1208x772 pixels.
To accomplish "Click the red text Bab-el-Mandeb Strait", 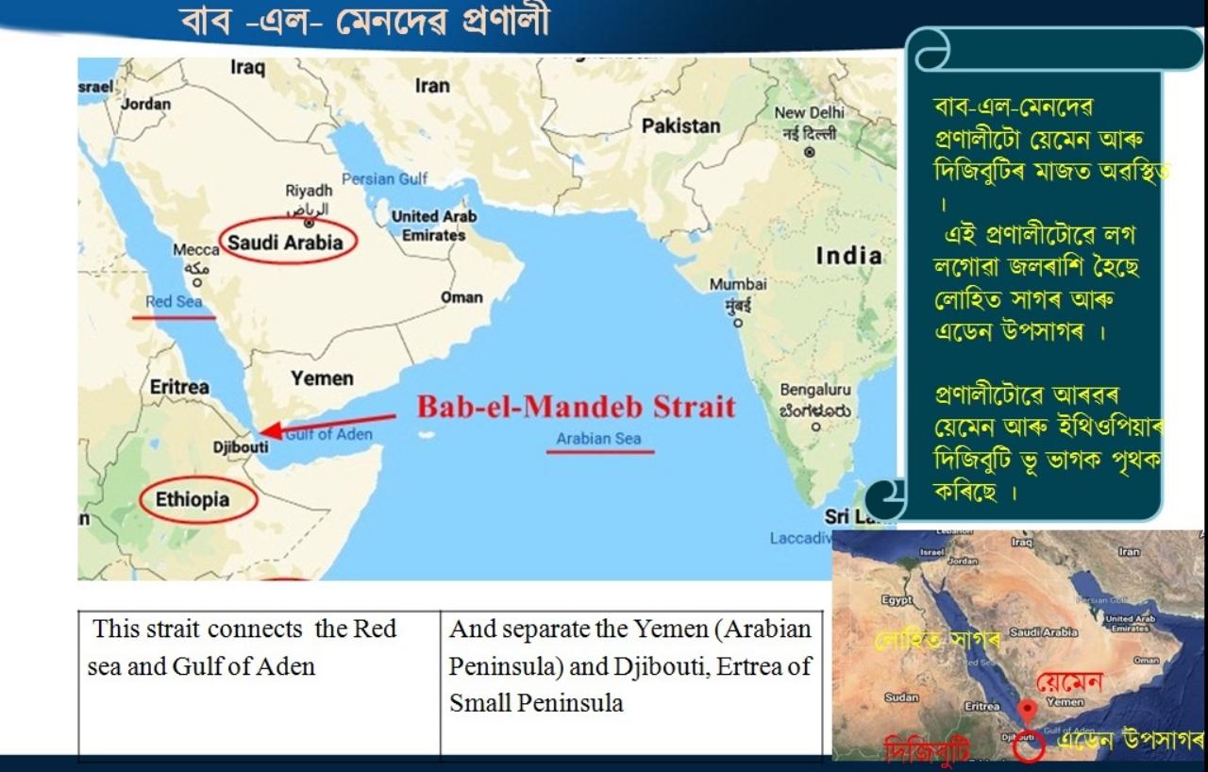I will tap(576, 407).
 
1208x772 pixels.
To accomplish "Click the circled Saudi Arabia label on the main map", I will tap(287, 243).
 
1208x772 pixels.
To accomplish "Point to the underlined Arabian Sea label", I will tap(598, 439).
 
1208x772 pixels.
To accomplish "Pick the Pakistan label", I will tap(680, 126).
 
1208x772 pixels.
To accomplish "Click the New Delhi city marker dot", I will tap(809, 152).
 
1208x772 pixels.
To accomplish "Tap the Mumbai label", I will tap(738, 284).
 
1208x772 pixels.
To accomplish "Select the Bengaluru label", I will tap(814, 389).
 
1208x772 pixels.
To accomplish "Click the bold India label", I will tap(849, 256).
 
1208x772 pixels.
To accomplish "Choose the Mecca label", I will tap(195, 250).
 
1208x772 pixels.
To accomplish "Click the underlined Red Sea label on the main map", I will tap(174, 302).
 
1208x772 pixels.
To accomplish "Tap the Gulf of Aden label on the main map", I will tap(328, 434).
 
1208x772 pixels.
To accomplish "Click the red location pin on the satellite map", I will tap(1029, 711).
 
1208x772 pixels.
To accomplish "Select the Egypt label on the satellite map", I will tap(897, 599).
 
